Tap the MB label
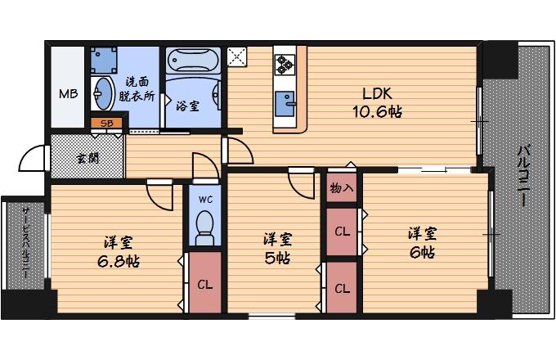[x=69, y=93]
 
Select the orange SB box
[x=107, y=124]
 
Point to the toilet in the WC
[x=204, y=223]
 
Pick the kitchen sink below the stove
[x=286, y=104]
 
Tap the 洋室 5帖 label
[x=277, y=248]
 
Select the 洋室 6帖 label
[x=423, y=242]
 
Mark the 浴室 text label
[x=186, y=105]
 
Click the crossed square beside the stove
[x=238, y=57]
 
